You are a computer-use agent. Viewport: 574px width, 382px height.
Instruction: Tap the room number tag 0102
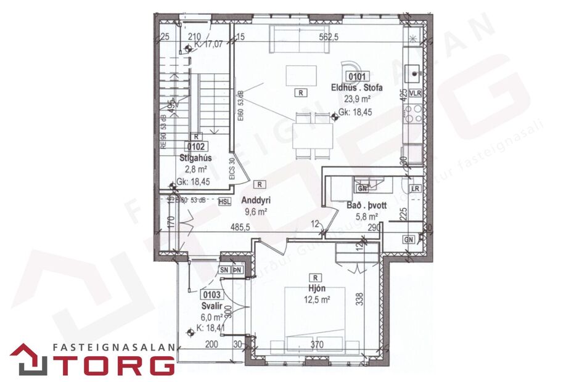[x=195, y=147]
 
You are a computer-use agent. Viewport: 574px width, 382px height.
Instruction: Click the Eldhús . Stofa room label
[x=359, y=87]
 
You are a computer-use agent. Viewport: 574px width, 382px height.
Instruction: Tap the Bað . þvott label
[x=366, y=205]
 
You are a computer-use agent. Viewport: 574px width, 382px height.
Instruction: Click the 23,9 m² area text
[x=357, y=99]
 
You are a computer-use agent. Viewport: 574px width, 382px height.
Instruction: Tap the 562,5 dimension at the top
[x=330, y=36]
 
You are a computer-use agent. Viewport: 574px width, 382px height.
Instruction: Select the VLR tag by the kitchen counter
[x=414, y=94]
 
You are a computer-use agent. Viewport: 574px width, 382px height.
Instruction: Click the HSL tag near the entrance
[x=224, y=201]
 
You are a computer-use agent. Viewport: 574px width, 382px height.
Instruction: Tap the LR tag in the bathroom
[x=414, y=189]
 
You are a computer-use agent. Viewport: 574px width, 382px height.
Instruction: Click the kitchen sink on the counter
[x=412, y=73]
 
